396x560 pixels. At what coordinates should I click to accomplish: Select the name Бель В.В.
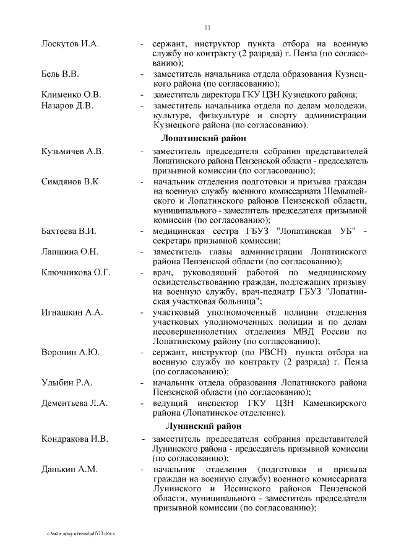60,75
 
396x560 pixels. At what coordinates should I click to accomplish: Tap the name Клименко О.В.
71,95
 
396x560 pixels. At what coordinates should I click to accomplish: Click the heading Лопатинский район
204,138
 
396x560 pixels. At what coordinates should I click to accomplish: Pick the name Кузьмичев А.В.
72,151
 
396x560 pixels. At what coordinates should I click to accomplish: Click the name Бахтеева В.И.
69,231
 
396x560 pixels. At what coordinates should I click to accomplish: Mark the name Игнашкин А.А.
72,312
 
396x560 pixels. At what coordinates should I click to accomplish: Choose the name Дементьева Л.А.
75,403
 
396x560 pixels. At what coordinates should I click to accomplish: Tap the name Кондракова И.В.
75,439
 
